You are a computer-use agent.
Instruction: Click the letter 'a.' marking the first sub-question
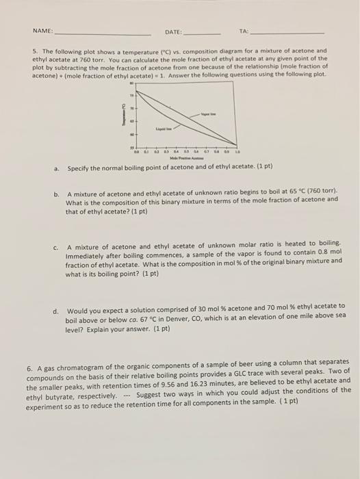tap(57, 168)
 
